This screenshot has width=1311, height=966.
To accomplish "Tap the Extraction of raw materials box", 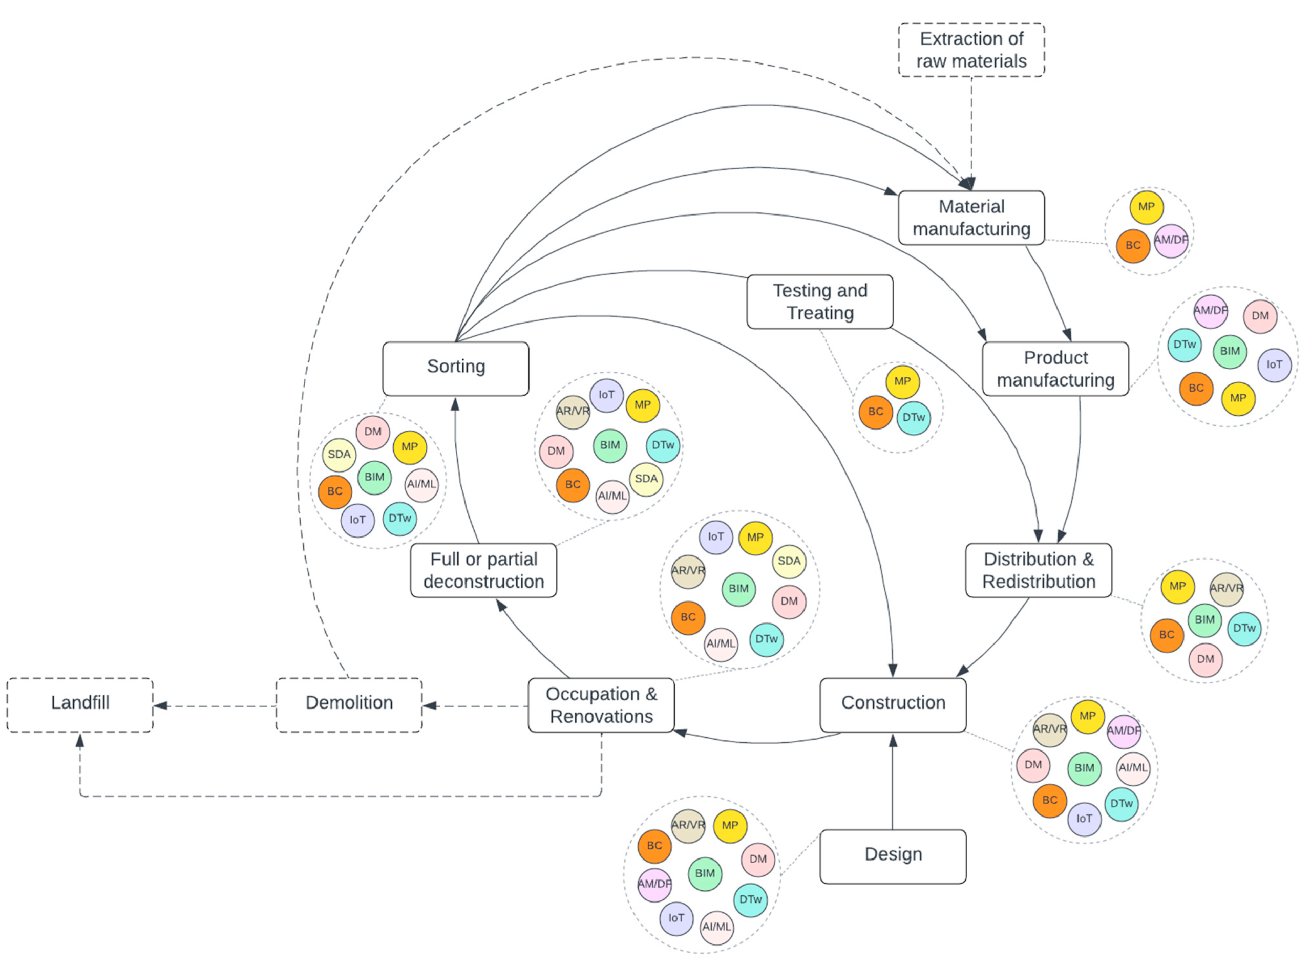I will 970,50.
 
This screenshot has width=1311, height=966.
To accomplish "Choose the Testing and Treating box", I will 819,301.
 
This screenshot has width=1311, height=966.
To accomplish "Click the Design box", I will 892,855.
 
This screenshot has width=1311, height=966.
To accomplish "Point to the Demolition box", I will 349,704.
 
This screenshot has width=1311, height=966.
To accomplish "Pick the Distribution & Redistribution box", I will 1038,570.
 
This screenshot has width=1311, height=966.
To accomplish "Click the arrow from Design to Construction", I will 892,784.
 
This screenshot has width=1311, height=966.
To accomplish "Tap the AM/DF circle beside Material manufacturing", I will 1170,240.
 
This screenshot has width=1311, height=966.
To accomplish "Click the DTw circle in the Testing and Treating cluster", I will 913,418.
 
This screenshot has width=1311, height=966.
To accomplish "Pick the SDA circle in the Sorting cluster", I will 339,455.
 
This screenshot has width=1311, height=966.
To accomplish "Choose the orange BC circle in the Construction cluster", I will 1049,800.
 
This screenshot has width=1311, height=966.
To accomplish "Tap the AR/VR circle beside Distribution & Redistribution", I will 1225,588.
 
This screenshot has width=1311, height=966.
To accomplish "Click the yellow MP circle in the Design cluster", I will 730,825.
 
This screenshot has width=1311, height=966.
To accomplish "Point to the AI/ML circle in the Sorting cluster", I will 421,484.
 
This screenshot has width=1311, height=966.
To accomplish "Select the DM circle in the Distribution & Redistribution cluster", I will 1204,659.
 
